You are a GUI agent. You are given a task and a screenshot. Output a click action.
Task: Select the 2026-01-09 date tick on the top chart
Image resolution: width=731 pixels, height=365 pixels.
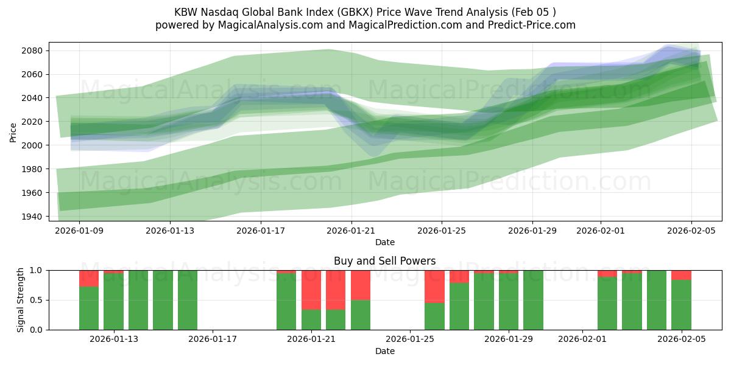click(x=79, y=231)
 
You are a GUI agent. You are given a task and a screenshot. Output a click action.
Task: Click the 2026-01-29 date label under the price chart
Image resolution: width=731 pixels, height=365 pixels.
click(x=532, y=231)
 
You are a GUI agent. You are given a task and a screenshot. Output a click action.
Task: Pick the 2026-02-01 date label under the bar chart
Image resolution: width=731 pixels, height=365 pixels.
click(x=582, y=339)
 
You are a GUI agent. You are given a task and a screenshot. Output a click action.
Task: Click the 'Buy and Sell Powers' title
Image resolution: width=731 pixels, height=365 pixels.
click(x=384, y=261)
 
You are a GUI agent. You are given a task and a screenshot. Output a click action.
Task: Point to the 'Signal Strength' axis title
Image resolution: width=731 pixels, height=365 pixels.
click(x=21, y=300)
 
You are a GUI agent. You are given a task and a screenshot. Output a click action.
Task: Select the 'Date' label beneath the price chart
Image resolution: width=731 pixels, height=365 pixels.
click(x=384, y=242)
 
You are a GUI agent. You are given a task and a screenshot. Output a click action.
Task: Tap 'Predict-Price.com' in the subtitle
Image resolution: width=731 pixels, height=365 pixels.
click(x=528, y=25)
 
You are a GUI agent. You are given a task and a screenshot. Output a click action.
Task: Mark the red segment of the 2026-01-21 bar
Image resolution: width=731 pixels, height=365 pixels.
click(x=311, y=290)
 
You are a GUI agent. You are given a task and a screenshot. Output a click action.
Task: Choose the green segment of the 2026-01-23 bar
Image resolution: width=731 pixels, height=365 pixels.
click(x=361, y=315)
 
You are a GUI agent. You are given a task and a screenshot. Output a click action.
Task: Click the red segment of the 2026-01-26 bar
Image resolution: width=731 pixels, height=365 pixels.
click(x=434, y=286)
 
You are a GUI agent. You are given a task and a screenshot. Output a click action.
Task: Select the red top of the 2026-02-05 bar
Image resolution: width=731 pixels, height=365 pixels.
click(x=681, y=275)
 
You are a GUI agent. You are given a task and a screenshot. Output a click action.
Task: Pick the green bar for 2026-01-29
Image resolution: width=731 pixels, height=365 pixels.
click(x=509, y=302)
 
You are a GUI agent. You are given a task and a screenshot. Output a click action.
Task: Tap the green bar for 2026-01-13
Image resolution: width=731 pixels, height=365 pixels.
click(x=113, y=302)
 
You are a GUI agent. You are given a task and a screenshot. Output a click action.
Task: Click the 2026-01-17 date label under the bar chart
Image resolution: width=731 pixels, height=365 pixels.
click(x=213, y=339)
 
